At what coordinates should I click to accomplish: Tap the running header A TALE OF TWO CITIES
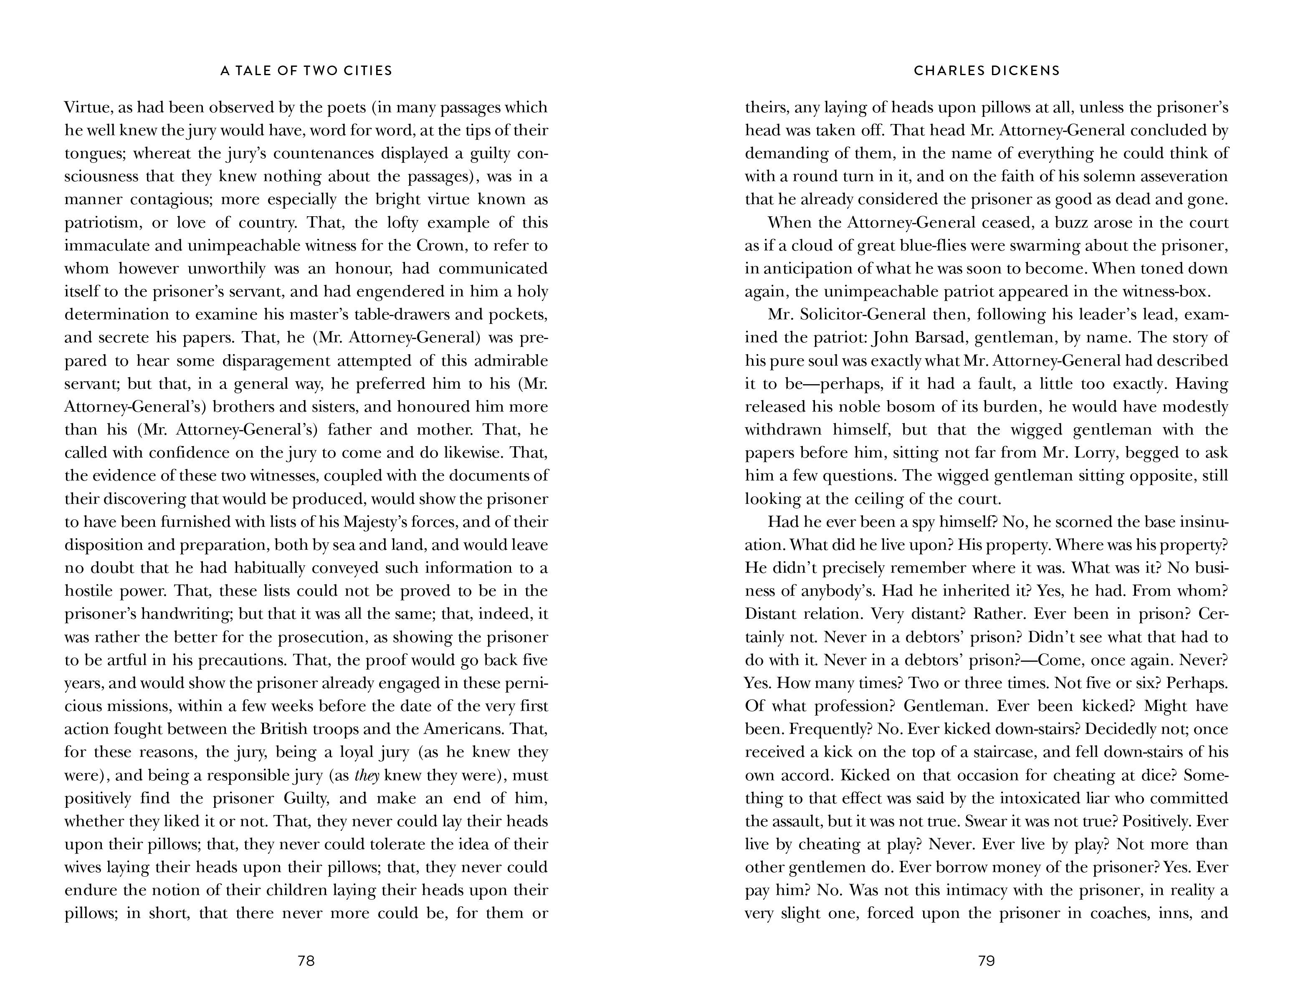[x=306, y=71]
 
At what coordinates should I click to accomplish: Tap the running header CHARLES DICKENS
[x=986, y=71]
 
